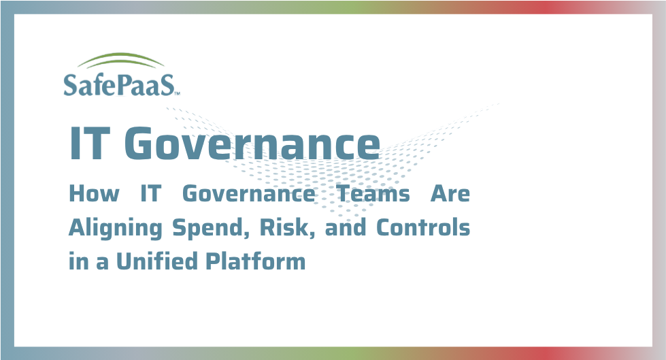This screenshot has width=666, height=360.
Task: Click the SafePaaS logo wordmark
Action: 120,84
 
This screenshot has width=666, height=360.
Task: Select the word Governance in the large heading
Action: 252,144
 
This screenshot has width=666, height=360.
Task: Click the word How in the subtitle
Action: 94,194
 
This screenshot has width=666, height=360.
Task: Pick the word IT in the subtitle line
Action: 150,194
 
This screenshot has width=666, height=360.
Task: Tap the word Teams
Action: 373,194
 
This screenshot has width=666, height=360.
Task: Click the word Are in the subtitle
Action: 450,194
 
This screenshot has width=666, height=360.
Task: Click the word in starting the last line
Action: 78,261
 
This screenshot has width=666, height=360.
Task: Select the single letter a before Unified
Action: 102,262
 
